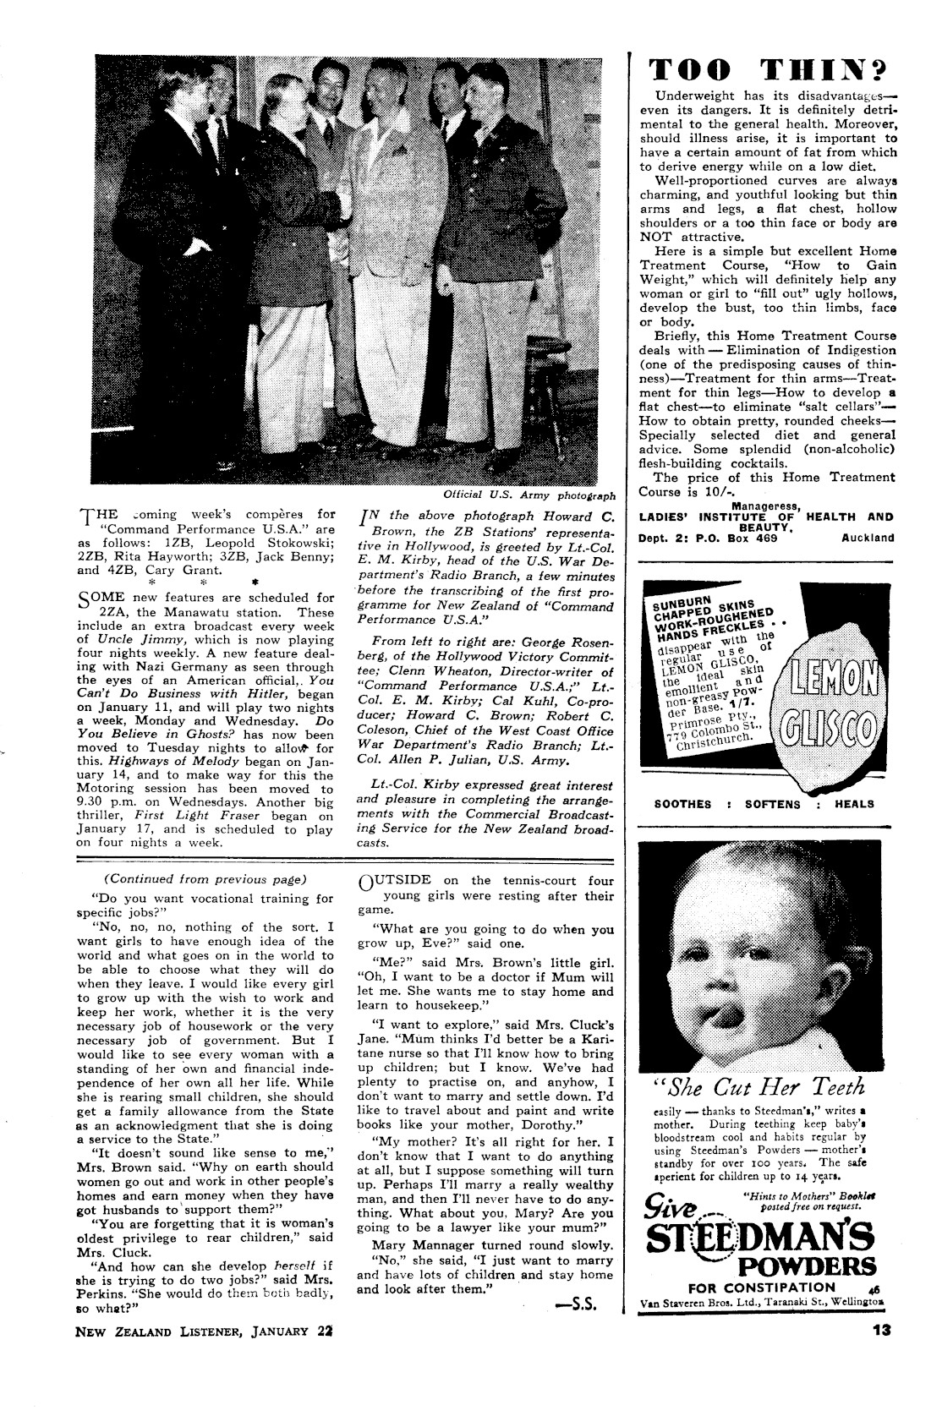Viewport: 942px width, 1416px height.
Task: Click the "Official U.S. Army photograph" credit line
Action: click(x=529, y=495)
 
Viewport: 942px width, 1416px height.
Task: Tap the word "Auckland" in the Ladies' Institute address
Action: click(x=868, y=537)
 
